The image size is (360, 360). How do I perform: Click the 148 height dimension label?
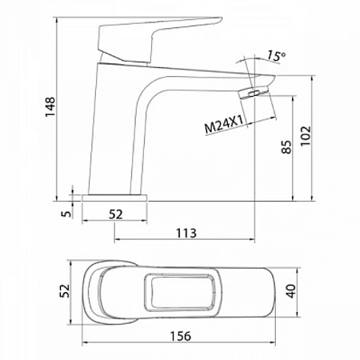pyautogui.click(x=50, y=106)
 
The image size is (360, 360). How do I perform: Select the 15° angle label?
pyautogui.click(x=276, y=56)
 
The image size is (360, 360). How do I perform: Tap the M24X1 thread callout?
pyautogui.click(x=223, y=125)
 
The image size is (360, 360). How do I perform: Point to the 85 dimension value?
pyautogui.click(x=286, y=146)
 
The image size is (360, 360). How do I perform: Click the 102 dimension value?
pyautogui.click(x=306, y=135)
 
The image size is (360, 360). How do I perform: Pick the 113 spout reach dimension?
pyautogui.click(x=186, y=233)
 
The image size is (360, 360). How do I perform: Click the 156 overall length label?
pyautogui.click(x=181, y=336)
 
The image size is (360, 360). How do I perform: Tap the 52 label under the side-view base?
pyautogui.click(x=116, y=214)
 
